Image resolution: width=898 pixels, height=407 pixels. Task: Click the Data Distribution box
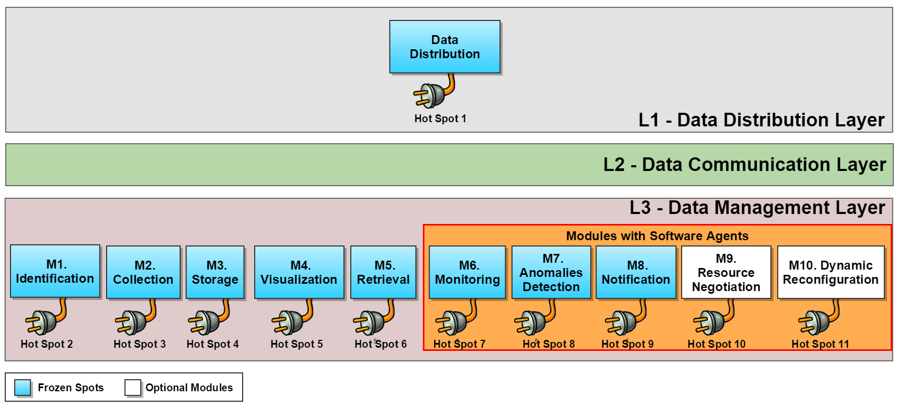(444, 47)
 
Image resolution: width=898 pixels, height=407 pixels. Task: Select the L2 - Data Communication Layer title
(744, 165)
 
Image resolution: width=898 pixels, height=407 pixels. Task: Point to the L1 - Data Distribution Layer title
(761, 120)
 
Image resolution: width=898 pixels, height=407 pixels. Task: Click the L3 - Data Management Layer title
(757, 208)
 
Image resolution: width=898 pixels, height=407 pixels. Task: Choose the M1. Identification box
(55, 271)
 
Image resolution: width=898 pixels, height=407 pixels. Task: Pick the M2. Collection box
(143, 272)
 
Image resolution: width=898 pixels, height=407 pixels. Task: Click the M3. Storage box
(215, 272)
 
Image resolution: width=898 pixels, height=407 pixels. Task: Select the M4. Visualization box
(299, 272)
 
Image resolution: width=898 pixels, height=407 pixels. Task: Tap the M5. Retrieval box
(383, 272)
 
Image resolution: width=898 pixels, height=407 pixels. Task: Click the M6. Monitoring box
(467, 272)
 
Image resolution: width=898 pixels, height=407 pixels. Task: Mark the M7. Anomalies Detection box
(551, 272)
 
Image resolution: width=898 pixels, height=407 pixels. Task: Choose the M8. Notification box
(636, 272)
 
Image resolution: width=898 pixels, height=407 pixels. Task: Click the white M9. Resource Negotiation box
(726, 272)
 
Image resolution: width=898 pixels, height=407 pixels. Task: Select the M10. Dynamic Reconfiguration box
(831, 272)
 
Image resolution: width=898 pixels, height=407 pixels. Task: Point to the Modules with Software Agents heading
(657, 236)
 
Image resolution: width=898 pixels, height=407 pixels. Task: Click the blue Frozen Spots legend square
(23, 388)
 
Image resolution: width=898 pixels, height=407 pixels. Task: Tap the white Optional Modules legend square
(133, 388)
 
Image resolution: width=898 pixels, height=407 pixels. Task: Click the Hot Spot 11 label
(820, 344)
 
